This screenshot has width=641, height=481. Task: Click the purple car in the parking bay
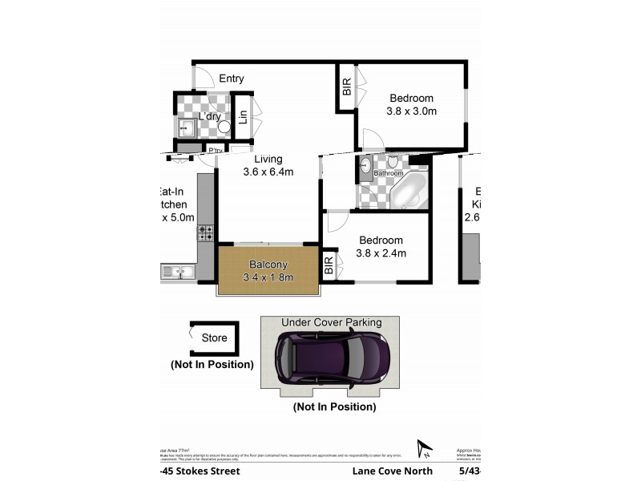pyautogui.click(x=333, y=360)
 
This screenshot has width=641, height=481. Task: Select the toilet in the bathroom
pyautogui.click(x=393, y=162)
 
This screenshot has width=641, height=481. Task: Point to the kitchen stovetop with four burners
pyautogui.click(x=206, y=232)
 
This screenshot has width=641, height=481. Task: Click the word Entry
pyautogui.click(x=231, y=79)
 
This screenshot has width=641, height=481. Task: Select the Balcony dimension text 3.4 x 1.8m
pyautogui.click(x=268, y=277)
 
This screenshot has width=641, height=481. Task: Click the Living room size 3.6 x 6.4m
pyautogui.click(x=268, y=172)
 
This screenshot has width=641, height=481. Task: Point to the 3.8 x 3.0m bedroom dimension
pyautogui.click(x=411, y=111)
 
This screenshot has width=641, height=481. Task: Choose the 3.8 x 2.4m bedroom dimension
pyautogui.click(x=381, y=253)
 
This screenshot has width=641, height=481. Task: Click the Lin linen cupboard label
pyautogui.click(x=242, y=117)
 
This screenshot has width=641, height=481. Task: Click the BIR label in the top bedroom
pyautogui.click(x=347, y=86)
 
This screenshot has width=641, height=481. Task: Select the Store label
pyautogui.click(x=214, y=338)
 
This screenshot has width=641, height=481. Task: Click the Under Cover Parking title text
pyautogui.click(x=331, y=322)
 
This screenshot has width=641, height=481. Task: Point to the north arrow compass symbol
pyautogui.click(x=424, y=450)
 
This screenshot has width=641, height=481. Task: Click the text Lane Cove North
pyautogui.click(x=393, y=471)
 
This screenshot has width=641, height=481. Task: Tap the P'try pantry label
pyautogui.click(x=215, y=150)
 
